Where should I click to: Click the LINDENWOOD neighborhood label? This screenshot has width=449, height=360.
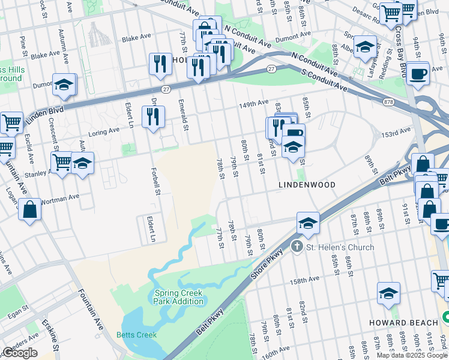click(x=306, y=185)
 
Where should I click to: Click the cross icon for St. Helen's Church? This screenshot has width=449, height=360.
click(x=296, y=247)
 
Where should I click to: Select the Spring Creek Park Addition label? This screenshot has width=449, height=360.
click(x=178, y=297)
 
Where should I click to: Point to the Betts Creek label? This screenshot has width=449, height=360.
click(x=136, y=335)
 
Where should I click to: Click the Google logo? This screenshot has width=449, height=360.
click(x=20, y=353)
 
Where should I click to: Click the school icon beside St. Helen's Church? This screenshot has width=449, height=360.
click(x=307, y=223)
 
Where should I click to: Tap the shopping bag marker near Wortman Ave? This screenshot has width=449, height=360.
click(x=29, y=210)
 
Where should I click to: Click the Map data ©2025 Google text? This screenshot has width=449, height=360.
click(x=411, y=355)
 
